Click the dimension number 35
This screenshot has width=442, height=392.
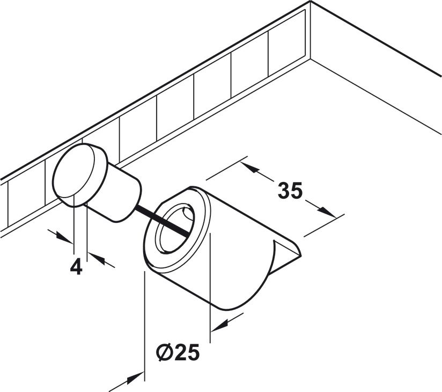coord(290,191)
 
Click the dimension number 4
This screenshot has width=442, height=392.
coord(76,267)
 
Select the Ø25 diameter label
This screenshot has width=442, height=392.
coord(178,352)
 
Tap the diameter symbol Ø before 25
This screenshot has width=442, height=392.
coord(165,352)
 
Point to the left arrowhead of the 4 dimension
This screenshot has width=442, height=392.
coord(64,238)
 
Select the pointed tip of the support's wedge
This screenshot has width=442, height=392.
coord(300,256)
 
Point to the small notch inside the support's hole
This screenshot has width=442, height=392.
coord(186,214)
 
